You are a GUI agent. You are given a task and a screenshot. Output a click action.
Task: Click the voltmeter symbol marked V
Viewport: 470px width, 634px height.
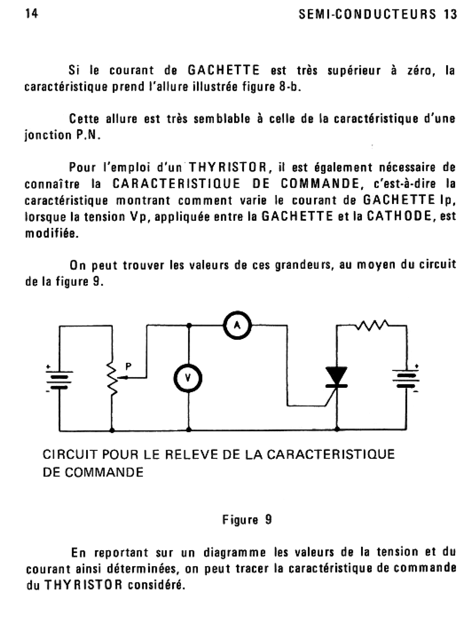pyautogui.click(x=188, y=378)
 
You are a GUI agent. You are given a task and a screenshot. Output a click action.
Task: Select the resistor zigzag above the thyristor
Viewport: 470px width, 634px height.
pyautogui.click(x=372, y=325)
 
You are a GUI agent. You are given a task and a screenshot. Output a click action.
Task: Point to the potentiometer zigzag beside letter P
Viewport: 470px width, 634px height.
pyautogui.click(x=112, y=378)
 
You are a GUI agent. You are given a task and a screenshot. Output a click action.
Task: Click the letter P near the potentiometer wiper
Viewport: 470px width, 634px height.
pyautogui.click(x=128, y=366)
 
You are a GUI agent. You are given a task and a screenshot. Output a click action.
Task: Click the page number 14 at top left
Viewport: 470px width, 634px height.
pyautogui.click(x=32, y=13)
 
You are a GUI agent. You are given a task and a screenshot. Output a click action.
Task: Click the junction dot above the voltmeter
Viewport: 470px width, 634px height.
pyautogui.click(x=188, y=325)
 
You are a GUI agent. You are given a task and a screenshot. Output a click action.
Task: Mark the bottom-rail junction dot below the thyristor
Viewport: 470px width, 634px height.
pyautogui.click(x=337, y=429)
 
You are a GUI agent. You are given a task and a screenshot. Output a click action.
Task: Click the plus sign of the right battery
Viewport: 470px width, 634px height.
pyautogui.click(x=416, y=366)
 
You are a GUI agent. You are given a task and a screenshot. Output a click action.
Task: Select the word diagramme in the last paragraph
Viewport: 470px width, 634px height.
pyautogui.click(x=235, y=553)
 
